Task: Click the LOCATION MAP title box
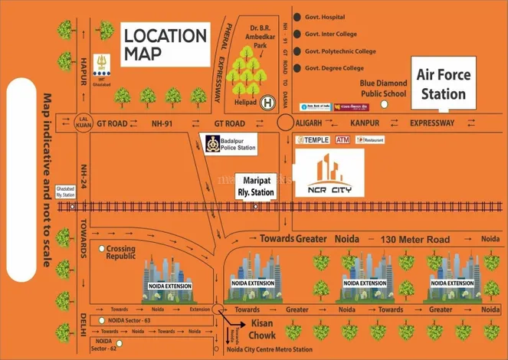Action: (x=165, y=44)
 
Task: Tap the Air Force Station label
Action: (x=444, y=84)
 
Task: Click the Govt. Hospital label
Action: (x=325, y=17)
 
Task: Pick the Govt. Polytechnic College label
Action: (x=339, y=51)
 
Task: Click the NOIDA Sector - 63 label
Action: (x=126, y=319)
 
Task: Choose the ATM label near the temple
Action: (x=342, y=139)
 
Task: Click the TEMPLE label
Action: (x=313, y=139)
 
